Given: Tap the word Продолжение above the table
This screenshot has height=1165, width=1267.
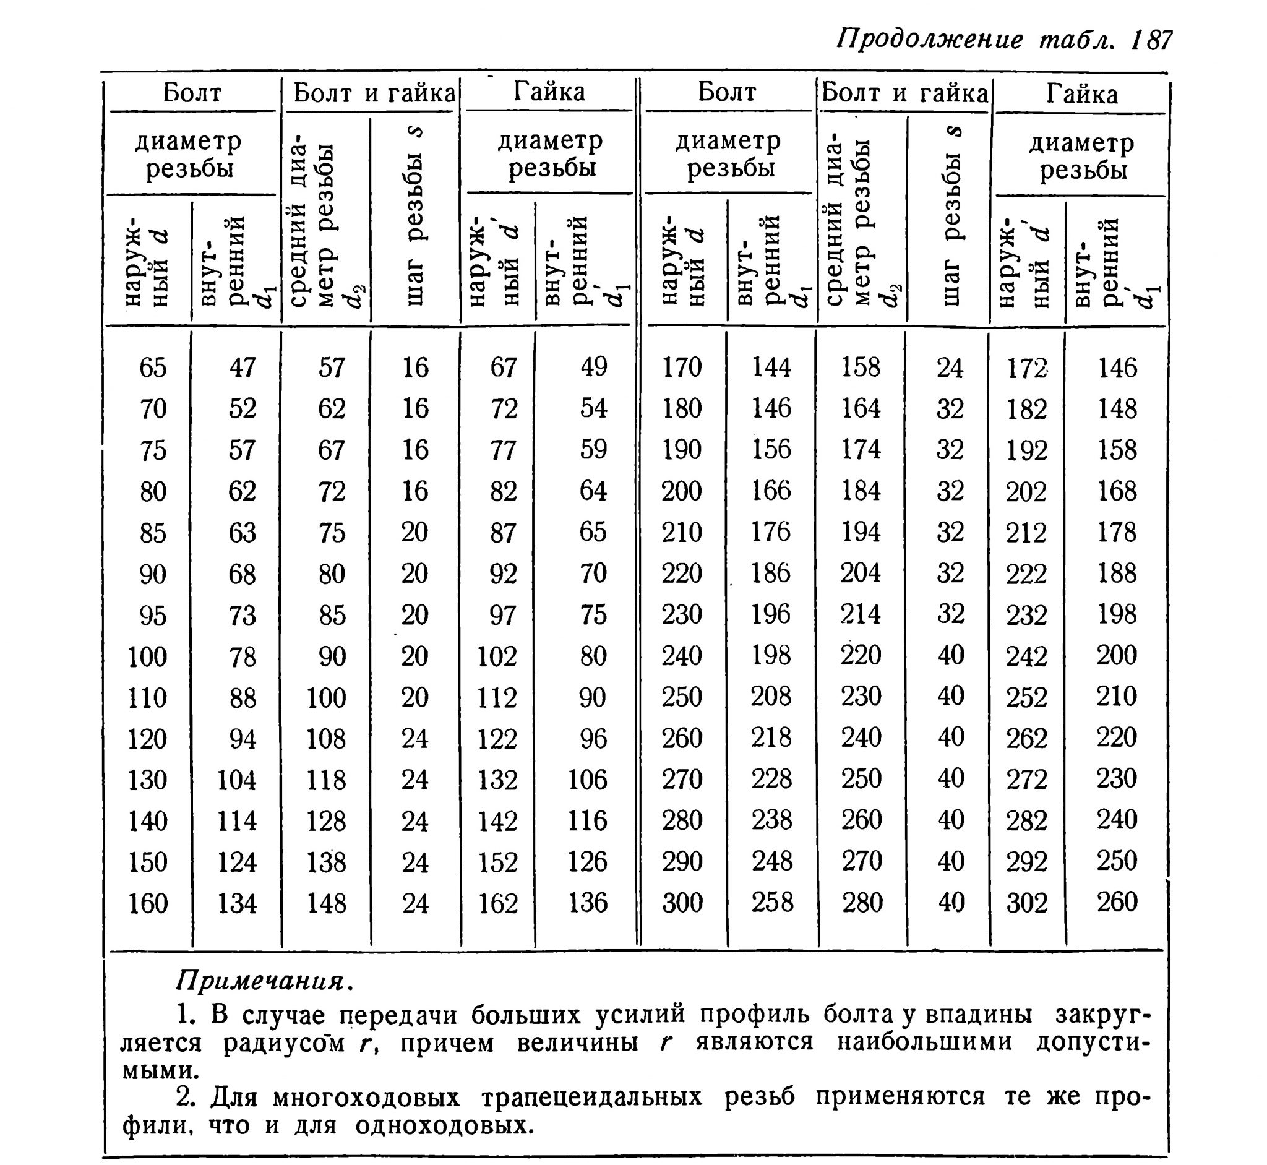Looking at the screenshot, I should tap(930, 40).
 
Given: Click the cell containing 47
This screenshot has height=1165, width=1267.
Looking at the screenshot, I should tap(243, 367).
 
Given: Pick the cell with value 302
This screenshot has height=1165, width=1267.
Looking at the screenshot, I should tap(1027, 903).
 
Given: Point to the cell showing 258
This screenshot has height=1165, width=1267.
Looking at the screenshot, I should tap(771, 902).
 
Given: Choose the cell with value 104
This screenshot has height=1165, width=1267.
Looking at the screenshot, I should tap(236, 780).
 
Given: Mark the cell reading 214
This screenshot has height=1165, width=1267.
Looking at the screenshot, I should tap(861, 614).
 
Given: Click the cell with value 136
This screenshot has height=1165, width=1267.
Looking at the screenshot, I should tap(588, 903).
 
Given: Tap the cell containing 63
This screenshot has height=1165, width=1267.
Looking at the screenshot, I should tap(243, 533).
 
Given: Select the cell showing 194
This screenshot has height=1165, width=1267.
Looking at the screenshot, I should tap(861, 532).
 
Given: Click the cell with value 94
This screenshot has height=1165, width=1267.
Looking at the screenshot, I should tap(243, 739).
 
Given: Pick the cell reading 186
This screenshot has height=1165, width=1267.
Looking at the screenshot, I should tap(771, 573).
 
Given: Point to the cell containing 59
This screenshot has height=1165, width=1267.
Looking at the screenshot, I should tap(593, 450).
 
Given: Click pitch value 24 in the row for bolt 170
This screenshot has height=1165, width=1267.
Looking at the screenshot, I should tap(950, 368).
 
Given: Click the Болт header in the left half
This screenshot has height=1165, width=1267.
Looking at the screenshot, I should tap(192, 93).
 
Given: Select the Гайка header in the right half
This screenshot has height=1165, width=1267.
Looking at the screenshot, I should tap(1081, 94).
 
